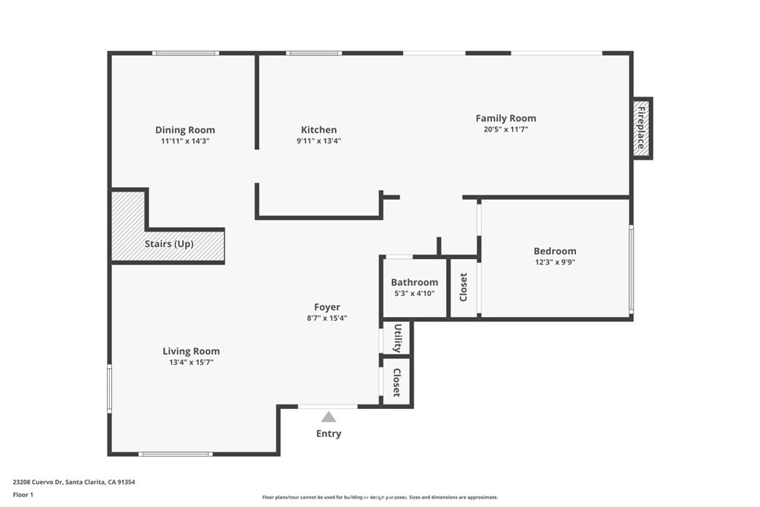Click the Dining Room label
(x=185, y=130)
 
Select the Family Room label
(x=505, y=118)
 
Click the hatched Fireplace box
(x=641, y=128)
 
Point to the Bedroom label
(x=554, y=251)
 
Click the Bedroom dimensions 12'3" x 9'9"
(x=554, y=262)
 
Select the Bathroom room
(x=414, y=287)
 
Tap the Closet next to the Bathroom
(x=464, y=288)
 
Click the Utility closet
(x=397, y=338)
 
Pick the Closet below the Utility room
(x=397, y=382)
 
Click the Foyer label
(x=327, y=307)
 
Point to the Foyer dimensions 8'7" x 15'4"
(x=327, y=318)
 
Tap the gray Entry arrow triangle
(x=328, y=417)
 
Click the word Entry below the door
(x=329, y=434)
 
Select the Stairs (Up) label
(x=169, y=243)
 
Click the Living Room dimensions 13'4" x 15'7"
(x=191, y=362)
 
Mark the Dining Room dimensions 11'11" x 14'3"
(x=185, y=140)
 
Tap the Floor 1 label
(x=23, y=494)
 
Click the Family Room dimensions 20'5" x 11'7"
(x=505, y=129)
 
